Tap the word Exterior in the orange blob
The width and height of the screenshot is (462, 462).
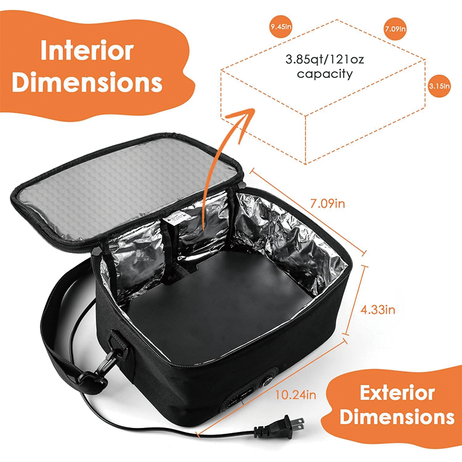(x=397, y=394)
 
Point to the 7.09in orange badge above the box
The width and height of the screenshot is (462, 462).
(x=394, y=28)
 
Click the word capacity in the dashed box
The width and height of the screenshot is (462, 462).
(x=325, y=74)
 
